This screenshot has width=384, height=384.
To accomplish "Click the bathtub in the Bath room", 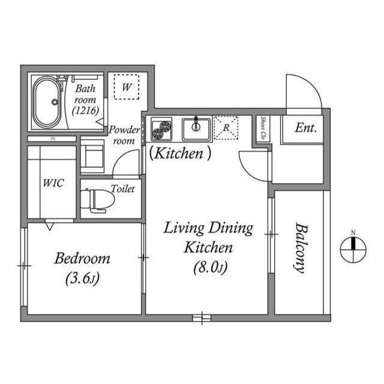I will (x=46, y=102).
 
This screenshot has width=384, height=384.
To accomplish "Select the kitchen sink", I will (x=196, y=128).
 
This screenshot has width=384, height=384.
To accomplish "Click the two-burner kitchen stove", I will (x=162, y=128).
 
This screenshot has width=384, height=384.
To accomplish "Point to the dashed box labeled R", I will (x=226, y=128).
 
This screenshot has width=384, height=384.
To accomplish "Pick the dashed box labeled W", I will (x=127, y=87).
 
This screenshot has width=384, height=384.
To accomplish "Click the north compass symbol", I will (x=353, y=249).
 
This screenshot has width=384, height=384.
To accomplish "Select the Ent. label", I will (x=305, y=128).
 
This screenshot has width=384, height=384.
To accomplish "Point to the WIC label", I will (x=52, y=183).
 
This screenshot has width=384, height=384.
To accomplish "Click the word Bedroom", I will (x=82, y=259).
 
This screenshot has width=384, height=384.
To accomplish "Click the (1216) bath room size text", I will (x=85, y=110).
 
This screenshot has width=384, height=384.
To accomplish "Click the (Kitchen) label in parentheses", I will (x=180, y=154).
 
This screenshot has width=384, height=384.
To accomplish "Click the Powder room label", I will (x=124, y=135).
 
